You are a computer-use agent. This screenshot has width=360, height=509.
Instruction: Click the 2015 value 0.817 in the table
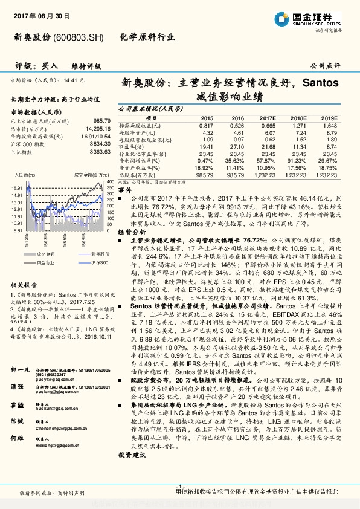pos(207,125)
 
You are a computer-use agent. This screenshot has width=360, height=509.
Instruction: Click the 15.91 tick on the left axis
pos(16,188)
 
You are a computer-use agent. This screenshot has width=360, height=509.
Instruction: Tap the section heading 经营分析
pos(131,231)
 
